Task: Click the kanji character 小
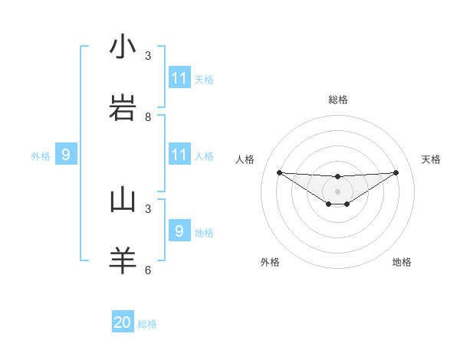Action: point(123,47)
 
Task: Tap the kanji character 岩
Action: point(123,108)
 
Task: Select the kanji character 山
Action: point(123,199)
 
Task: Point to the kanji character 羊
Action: point(123,260)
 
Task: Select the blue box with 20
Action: point(123,322)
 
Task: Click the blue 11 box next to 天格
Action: point(179,78)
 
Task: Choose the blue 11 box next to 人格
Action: point(179,155)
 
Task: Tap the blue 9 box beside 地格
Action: point(179,231)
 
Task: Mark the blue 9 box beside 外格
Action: point(66,155)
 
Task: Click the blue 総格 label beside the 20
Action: point(147,324)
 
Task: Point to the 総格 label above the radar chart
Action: point(337,100)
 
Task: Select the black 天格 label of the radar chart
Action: point(431,159)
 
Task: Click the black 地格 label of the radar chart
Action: point(402,262)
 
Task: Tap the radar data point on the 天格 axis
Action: point(396,172)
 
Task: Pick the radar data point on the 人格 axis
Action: point(279,172)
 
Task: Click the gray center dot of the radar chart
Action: point(337,191)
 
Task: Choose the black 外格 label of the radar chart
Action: point(270,262)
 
